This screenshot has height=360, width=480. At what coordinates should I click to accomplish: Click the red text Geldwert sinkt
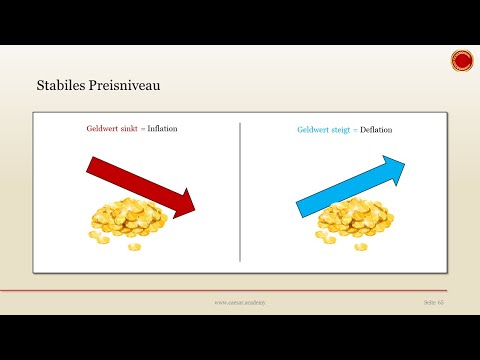pos(112,130)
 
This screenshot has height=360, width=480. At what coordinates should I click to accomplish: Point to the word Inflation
pos(162,130)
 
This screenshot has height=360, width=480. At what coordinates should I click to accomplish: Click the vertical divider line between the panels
pos(240,190)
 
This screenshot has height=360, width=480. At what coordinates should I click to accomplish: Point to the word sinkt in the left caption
pos(128,130)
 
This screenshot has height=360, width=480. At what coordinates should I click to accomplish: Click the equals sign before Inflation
pos(143,130)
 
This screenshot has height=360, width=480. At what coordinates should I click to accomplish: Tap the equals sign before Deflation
pos(358,130)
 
